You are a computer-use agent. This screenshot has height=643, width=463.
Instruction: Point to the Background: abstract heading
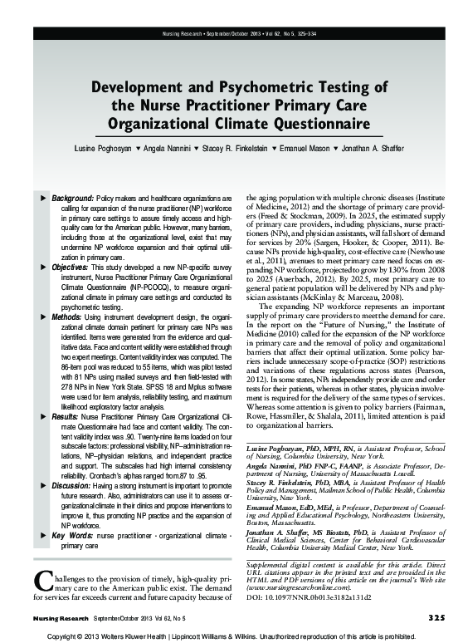pyautogui.click(x=73, y=199)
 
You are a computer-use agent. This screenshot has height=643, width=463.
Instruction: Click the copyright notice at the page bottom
pyautogui.click(x=231, y=635)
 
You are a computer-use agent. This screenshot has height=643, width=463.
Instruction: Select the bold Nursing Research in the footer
pyautogui.click(x=61, y=616)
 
